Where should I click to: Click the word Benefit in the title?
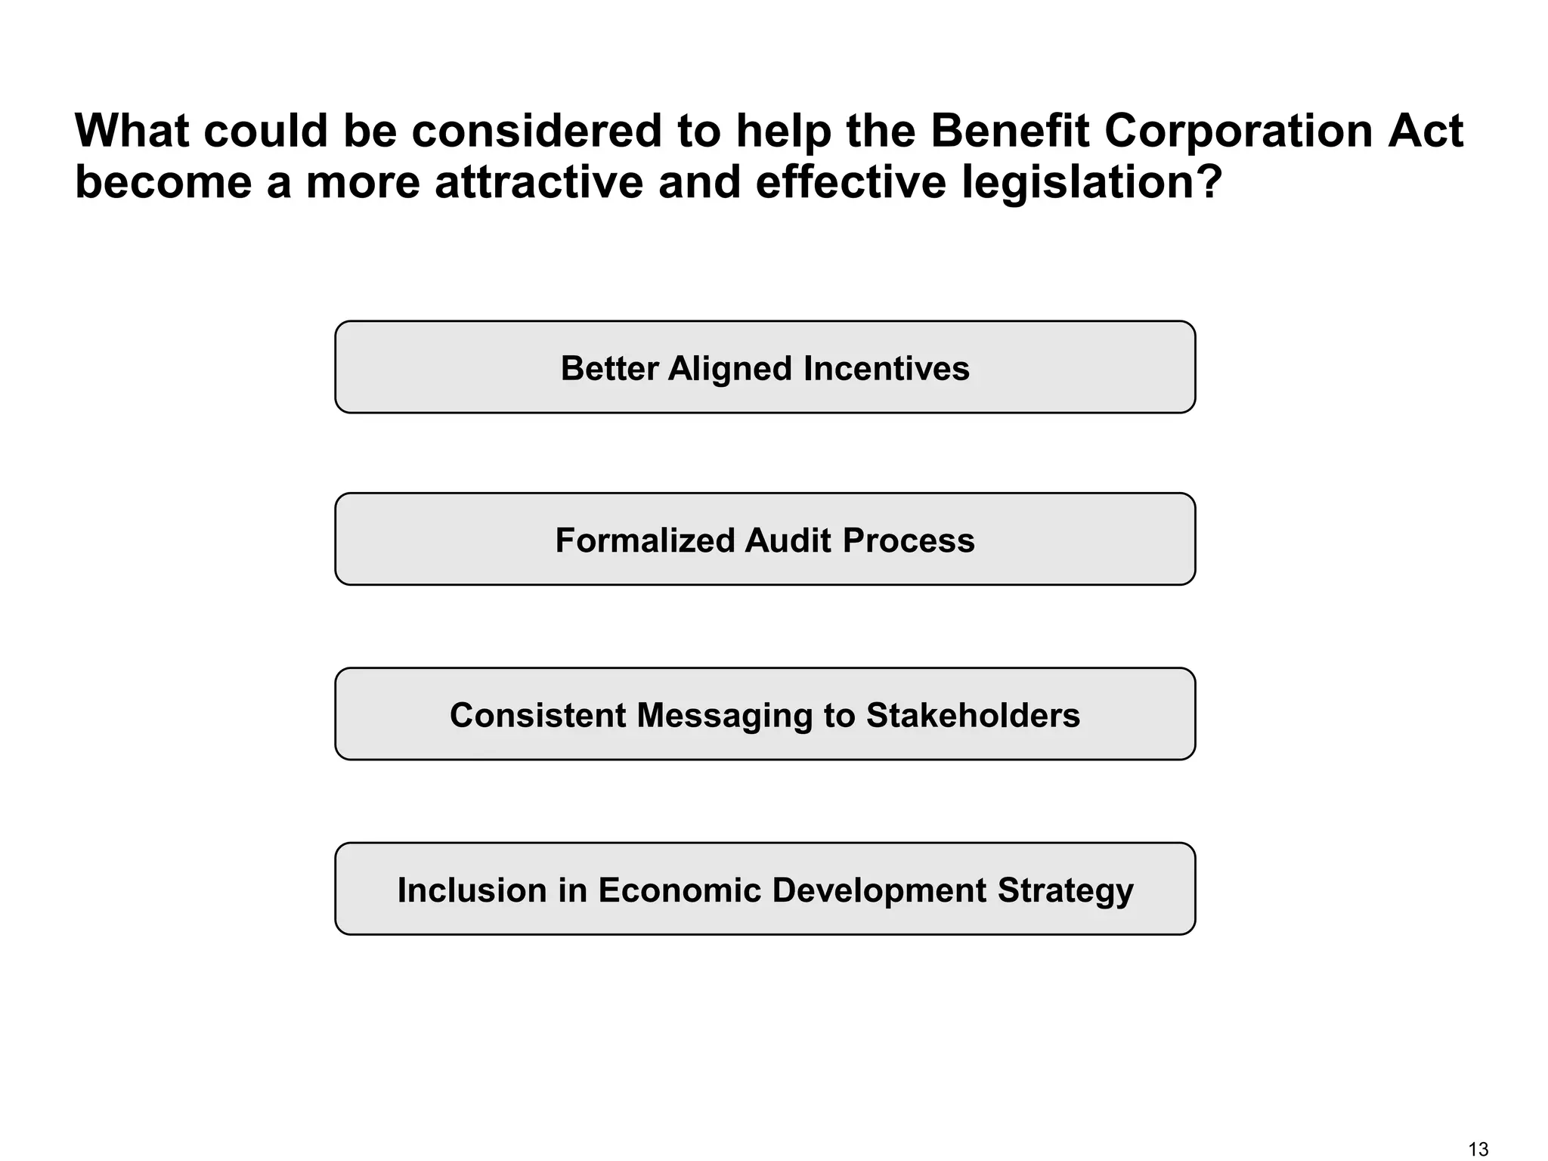1009,131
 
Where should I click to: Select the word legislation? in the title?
1091,183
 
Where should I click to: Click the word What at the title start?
132,131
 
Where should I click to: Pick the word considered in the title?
536,131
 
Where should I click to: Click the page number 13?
1478,1149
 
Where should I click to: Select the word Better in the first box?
609,369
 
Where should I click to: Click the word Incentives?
886,369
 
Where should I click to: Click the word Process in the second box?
909,541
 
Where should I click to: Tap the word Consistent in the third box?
537,716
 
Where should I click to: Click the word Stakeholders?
973,716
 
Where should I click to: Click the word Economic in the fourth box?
679,890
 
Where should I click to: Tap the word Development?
878,890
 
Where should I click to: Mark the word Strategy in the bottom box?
1065,890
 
